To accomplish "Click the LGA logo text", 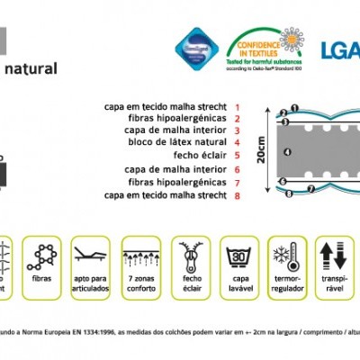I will tap(340, 48).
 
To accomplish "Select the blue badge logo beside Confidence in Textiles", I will tap(195, 48).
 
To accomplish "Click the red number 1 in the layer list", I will tap(237, 106).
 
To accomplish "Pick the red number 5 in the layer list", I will tap(237, 155).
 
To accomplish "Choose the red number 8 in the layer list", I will tap(237, 193).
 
